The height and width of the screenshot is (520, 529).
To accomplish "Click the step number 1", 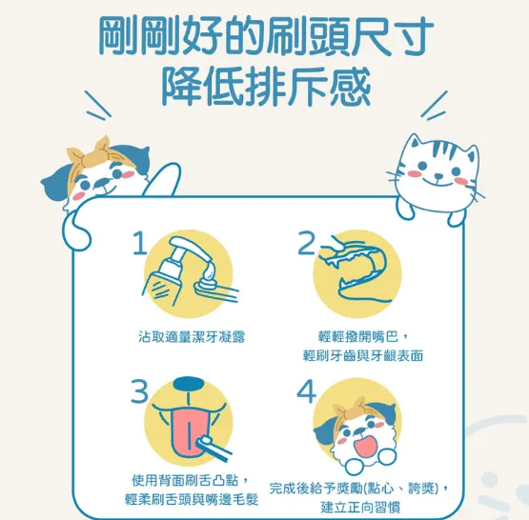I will pos(140,245).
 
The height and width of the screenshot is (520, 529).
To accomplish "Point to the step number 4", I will pos(305,390).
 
